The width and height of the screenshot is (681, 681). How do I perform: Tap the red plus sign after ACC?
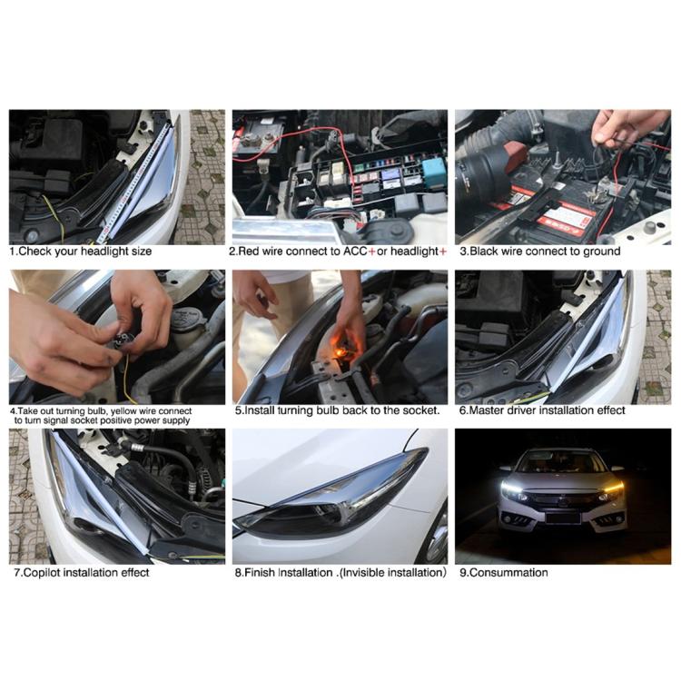tap(371, 252)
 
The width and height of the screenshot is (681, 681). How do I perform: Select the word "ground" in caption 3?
tap(601, 252)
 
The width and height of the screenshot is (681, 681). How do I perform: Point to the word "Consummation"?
tap(510, 573)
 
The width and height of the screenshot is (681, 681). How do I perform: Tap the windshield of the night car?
tap(561, 462)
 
